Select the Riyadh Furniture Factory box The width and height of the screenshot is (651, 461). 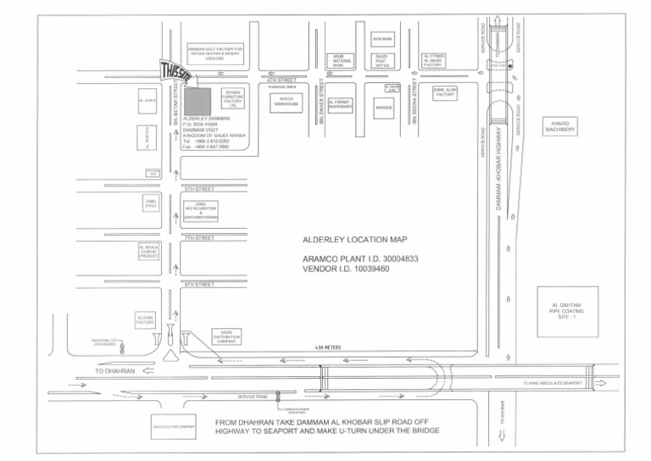[x=232, y=97]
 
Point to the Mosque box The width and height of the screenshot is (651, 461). [x=384, y=108]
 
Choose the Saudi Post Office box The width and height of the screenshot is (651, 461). [x=381, y=60]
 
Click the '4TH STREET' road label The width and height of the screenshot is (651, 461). [x=282, y=80]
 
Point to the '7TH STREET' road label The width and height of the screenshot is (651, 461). [x=199, y=238]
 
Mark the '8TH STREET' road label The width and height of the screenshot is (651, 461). [x=199, y=285]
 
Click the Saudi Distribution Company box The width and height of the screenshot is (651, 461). [x=226, y=337]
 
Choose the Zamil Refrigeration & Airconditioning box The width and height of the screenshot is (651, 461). [x=200, y=211]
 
